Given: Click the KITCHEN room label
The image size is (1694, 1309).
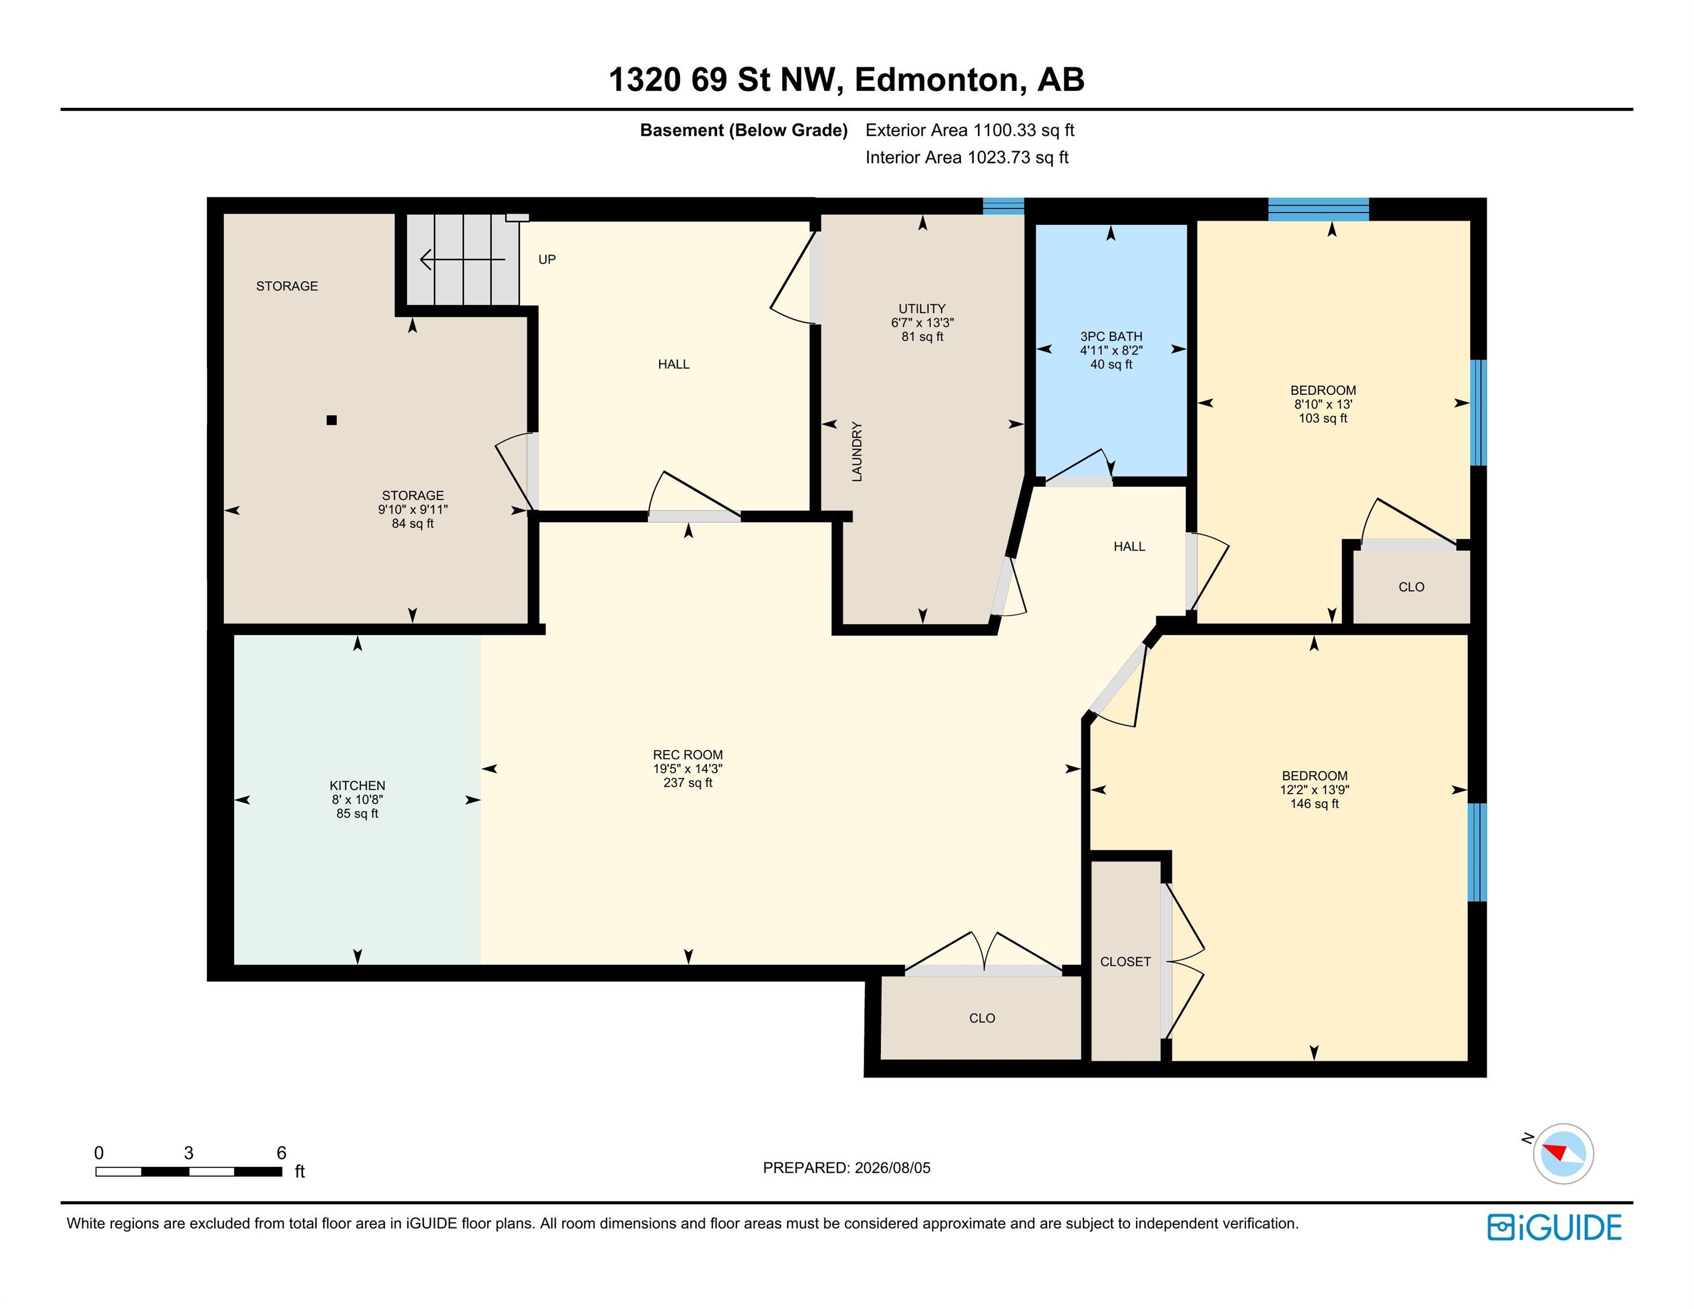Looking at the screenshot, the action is pyautogui.click(x=357, y=786).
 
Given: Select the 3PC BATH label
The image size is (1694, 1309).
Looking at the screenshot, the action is pyautogui.click(x=1111, y=336).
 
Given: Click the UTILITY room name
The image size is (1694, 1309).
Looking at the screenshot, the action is pyautogui.click(x=922, y=309).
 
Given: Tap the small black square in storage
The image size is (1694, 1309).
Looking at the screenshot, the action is pyautogui.click(x=331, y=420).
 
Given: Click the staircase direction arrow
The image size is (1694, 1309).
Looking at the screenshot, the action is pyautogui.click(x=462, y=259).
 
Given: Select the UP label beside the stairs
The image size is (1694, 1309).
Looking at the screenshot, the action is pyautogui.click(x=547, y=260).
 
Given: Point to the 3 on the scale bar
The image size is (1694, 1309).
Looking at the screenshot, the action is pyautogui.click(x=189, y=1153).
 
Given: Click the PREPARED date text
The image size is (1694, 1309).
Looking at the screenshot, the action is pyautogui.click(x=846, y=1168).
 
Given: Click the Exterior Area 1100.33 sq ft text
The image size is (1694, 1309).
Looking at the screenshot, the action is pyautogui.click(x=969, y=130).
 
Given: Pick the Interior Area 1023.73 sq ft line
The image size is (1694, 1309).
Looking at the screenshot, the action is pyautogui.click(x=967, y=157).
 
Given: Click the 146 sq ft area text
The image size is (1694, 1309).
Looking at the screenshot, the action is pyautogui.click(x=1314, y=804).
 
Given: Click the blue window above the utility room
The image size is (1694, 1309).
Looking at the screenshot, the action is pyautogui.click(x=1003, y=206).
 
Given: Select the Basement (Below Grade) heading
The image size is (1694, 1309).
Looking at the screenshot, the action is pyautogui.click(x=743, y=130).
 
